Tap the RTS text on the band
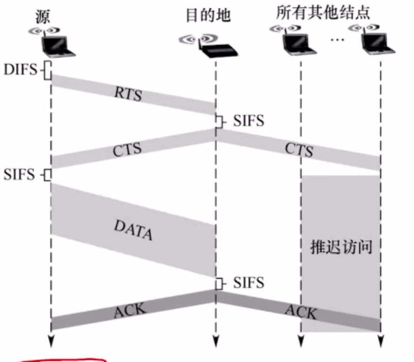pyautogui.click(x=128, y=94)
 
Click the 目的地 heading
pyautogui.click(x=208, y=16)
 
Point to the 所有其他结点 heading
pyautogui.click(x=323, y=12)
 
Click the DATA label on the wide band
pyautogui.click(x=133, y=230)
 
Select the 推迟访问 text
pyautogui.click(x=341, y=247)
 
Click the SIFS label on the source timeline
pyautogui.click(x=20, y=174)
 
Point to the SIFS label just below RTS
pyautogui.click(x=249, y=121)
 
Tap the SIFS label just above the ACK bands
pyautogui.click(x=249, y=283)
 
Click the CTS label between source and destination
pyautogui.click(x=127, y=149)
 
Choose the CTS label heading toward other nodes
pyautogui.click(x=299, y=149)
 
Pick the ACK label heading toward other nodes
pyautogui.click(x=301, y=312)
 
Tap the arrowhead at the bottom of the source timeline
pyautogui.click(x=51, y=341)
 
